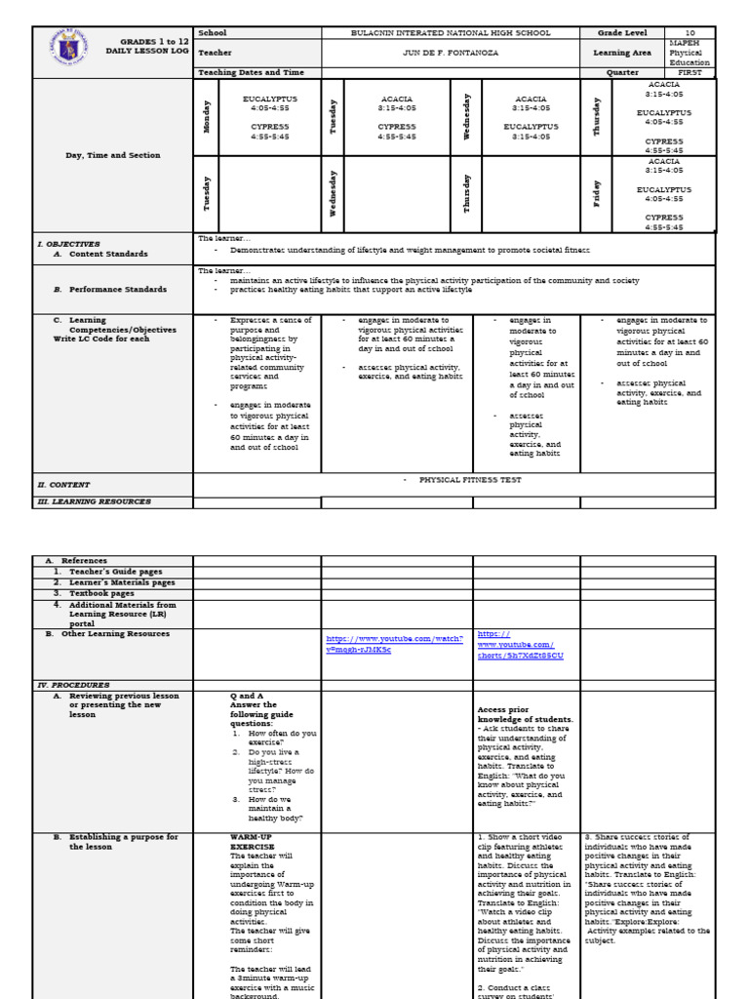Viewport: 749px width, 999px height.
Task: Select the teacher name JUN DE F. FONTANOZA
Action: tap(451, 53)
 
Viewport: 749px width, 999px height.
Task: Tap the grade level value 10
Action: tap(690, 32)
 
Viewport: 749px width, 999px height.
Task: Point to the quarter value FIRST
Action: tap(690, 72)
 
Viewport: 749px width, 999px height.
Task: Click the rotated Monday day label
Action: tap(206, 116)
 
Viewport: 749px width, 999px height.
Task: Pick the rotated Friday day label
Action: tap(596, 193)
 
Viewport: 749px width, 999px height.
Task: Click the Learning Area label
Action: tap(622, 53)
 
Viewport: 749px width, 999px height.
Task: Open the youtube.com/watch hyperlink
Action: tap(394, 644)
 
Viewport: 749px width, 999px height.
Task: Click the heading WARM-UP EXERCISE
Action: tap(252, 842)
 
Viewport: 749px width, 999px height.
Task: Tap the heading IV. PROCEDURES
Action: tap(73, 685)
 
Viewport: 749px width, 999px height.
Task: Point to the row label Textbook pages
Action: tap(99, 592)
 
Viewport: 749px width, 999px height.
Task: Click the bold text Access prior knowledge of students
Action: tap(525, 714)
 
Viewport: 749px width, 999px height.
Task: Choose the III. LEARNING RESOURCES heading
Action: tap(94, 501)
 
